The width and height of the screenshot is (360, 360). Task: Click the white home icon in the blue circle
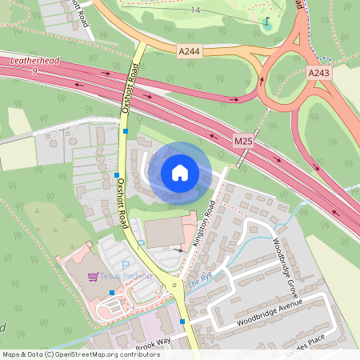pos(180,173)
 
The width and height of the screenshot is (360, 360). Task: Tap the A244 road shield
pos(188,50)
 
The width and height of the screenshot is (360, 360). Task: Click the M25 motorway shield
pos(243,140)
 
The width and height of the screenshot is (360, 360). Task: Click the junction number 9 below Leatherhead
pos(35,71)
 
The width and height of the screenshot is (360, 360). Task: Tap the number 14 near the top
pos(196,10)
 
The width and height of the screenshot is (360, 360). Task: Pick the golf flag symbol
pos(266,19)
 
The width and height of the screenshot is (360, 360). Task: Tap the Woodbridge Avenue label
pos(269,314)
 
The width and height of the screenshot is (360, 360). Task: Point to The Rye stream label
pos(198,282)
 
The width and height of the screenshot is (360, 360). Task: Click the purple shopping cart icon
pos(93,277)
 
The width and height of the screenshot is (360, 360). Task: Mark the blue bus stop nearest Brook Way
pos(182,322)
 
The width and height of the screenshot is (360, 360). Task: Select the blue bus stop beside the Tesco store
pos(111,292)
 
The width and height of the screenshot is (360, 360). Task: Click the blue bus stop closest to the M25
pos(126,130)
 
